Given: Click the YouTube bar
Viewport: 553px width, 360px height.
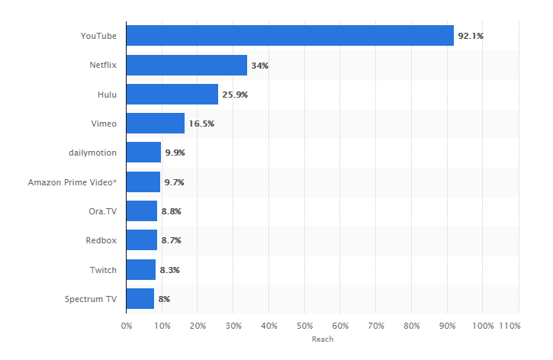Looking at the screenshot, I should coord(290,36).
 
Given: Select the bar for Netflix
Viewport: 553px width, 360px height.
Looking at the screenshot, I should coord(187,66).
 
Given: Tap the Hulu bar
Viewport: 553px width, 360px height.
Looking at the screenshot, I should coord(172,95).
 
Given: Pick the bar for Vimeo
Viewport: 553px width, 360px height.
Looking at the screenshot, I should coord(156,124).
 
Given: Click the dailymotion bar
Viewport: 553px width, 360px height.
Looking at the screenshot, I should coord(143,153).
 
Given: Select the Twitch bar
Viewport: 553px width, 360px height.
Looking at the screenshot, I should coord(141,269).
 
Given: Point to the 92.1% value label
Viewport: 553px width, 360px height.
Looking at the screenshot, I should coord(471,36).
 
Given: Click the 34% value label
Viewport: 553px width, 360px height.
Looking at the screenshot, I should coord(260,66).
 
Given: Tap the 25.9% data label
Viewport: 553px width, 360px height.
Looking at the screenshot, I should coord(236,95).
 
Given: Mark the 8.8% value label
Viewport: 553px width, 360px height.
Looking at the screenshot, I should coord(171,211).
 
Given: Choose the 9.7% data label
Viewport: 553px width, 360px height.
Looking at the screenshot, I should coord(174,182).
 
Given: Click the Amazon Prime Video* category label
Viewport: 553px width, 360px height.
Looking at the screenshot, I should coord(72,182).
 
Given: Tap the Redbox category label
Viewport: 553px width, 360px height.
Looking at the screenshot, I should coord(101,240).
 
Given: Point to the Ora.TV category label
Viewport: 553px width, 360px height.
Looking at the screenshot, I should coord(103,211).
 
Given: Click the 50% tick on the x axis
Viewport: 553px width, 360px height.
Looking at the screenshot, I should coord(304,326).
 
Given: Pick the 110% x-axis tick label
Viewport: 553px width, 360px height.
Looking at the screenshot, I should coord(510,326).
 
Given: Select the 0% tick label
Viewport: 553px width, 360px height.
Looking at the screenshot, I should coord(127,326).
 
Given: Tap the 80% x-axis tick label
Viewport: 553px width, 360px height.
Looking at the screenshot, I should coord(411,326).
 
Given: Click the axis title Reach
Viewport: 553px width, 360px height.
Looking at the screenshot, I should coord(323,339).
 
